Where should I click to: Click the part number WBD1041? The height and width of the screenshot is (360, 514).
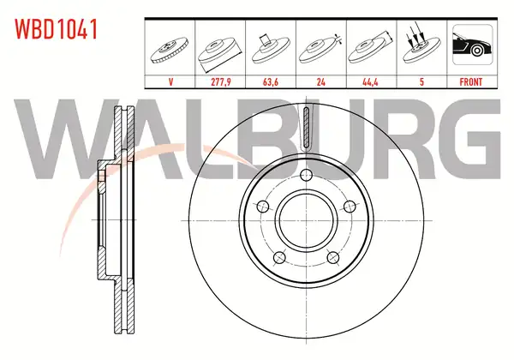pyautogui.click(x=56, y=29)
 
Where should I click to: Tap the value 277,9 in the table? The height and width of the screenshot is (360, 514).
pyautogui.click(x=221, y=81)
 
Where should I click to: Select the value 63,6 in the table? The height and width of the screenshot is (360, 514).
pyautogui.click(x=271, y=81)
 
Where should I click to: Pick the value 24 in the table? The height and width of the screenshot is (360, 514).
pyautogui.click(x=321, y=81)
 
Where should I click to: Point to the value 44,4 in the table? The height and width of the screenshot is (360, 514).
pyautogui.click(x=370, y=81)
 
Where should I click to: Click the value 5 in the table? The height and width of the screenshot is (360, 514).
pyautogui.click(x=421, y=81)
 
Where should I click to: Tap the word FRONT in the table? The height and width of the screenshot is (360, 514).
pyautogui.click(x=471, y=81)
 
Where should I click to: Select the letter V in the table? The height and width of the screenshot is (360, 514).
pyautogui.click(x=170, y=81)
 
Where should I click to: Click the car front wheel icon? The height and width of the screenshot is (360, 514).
pyautogui.click(x=472, y=45)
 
